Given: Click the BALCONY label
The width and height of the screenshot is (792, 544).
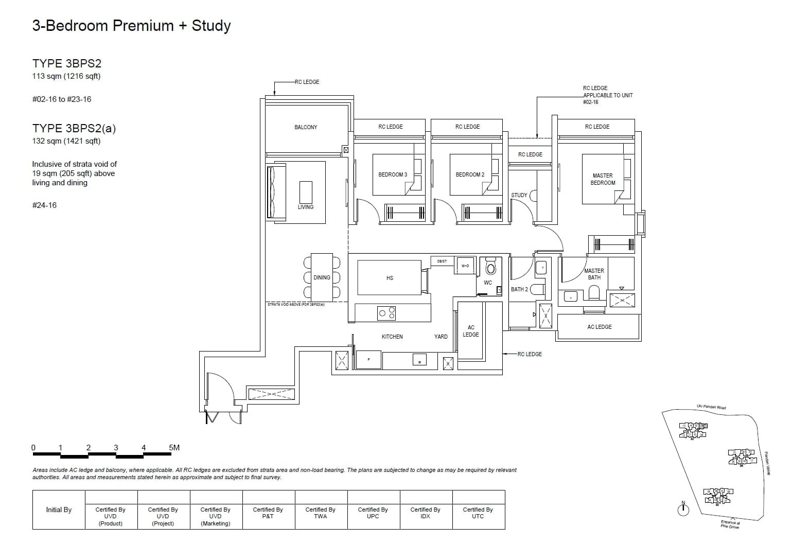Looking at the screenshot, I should (x=306, y=127).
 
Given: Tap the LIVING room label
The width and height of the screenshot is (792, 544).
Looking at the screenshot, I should (x=305, y=207).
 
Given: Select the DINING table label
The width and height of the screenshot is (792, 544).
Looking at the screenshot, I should (x=322, y=277).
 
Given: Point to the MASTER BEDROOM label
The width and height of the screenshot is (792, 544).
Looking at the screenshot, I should (x=603, y=179).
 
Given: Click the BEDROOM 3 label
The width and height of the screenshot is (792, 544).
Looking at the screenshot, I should (x=392, y=174).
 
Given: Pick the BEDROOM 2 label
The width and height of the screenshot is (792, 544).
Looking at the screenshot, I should (x=470, y=174).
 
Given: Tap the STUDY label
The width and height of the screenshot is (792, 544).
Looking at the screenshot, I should (x=519, y=195).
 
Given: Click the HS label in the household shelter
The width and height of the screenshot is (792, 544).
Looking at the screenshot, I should (x=390, y=278).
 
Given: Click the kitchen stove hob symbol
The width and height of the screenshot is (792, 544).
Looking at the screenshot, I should (x=387, y=312).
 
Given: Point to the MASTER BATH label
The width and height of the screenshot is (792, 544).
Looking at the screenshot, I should (x=594, y=274).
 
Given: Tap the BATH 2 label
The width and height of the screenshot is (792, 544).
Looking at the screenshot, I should (x=519, y=289).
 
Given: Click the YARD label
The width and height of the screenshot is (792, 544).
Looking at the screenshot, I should (x=441, y=337).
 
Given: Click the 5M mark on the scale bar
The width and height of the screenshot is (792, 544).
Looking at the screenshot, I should (x=174, y=447).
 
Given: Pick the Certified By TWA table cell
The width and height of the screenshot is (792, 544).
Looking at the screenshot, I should (x=320, y=513).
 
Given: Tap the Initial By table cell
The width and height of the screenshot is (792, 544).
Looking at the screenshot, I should (x=59, y=510).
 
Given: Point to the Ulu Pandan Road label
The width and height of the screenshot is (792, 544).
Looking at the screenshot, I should (x=711, y=407).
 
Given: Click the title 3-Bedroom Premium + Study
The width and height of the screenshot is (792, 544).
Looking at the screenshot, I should (x=131, y=26).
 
